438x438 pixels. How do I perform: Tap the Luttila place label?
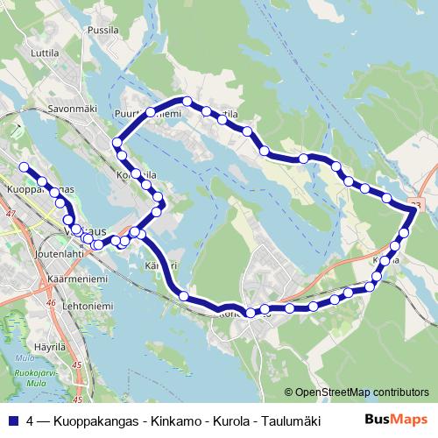point(44,52)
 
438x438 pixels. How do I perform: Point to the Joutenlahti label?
point(60,253)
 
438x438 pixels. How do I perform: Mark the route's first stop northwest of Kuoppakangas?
point(24,166)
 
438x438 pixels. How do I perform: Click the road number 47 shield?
point(11,213)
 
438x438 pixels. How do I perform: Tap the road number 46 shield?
point(52,303)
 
